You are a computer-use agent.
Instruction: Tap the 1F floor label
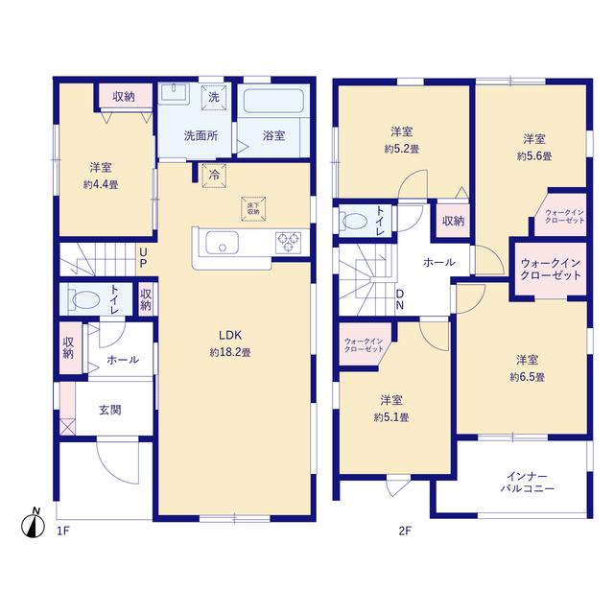63,531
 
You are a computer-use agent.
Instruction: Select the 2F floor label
405,531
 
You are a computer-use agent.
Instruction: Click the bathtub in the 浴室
273,101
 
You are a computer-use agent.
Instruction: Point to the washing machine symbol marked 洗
214,97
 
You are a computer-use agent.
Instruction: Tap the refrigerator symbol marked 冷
214,176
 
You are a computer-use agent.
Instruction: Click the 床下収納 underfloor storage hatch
253,209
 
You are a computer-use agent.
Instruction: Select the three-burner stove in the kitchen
288,243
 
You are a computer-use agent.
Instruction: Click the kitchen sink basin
222,243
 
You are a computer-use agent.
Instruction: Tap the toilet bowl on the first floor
85,300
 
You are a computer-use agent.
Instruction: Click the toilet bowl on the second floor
355,222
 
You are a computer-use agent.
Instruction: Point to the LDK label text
230,335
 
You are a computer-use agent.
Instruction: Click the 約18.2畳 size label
230,352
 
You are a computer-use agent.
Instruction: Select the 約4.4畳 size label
101,184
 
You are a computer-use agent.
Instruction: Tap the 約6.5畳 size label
527,377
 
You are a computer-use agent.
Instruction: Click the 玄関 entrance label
110,410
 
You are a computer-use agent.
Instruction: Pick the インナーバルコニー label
527,483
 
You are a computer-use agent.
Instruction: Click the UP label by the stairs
143,257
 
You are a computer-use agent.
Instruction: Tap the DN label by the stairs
400,299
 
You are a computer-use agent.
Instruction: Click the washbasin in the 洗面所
175,94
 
